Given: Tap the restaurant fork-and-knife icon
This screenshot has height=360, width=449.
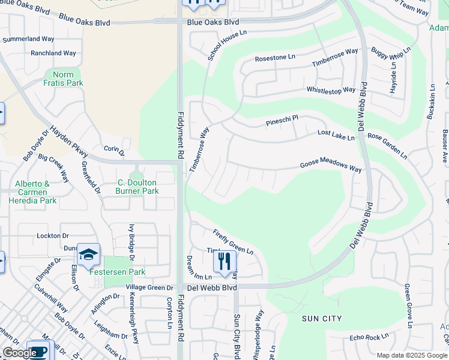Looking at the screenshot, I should coord(224,262).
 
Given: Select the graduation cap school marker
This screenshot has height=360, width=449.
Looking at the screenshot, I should coord(88,255).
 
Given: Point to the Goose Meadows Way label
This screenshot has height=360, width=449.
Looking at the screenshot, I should coord(331,167).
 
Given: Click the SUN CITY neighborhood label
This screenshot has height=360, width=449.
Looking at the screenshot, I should coord(322,319).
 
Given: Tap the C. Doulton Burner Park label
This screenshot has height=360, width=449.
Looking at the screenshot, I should coord(137,187).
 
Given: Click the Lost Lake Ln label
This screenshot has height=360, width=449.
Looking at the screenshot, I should coord(336,135).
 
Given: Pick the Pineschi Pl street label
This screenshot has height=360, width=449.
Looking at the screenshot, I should coord(282,122).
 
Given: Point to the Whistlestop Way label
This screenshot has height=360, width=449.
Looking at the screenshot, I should coord(331,91).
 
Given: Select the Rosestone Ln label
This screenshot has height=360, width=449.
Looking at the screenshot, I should coord(275,58).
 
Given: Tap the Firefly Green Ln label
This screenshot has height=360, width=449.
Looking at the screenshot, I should coord(234,241).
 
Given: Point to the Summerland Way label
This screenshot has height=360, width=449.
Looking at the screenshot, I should coord(28,39).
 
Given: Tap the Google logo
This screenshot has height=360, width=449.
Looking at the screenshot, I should coord(19,353).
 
